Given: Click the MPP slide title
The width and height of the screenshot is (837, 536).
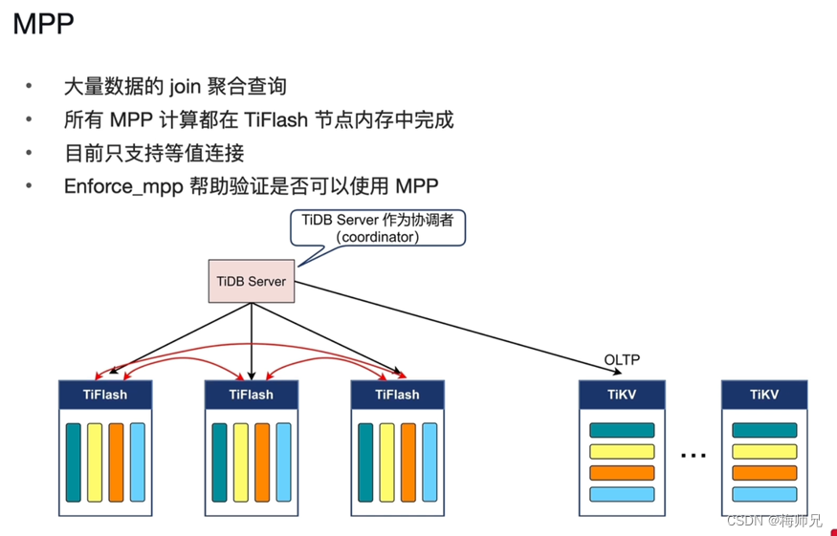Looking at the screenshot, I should click(44, 24).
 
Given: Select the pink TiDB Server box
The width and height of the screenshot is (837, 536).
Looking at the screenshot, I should click(252, 282).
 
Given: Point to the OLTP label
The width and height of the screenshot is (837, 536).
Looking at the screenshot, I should click(622, 360).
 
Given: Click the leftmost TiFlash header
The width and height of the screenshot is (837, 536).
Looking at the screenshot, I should click(105, 394).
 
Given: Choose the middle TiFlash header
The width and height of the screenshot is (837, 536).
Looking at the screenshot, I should click(252, 394).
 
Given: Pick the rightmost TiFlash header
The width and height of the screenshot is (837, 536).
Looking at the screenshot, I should click(397, 394).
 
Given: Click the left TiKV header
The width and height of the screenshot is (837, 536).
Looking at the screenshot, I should click(622, 394).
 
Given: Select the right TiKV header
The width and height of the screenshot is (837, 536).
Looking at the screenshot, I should click(764, 394).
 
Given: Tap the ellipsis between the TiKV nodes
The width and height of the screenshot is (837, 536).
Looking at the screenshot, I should click(694, 456).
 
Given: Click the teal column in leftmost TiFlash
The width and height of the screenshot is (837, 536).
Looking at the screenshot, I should click(74, 461).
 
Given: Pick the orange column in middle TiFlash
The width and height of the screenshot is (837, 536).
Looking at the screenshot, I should click(262, 461).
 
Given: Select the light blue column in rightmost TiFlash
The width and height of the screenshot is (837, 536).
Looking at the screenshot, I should click(430, 461).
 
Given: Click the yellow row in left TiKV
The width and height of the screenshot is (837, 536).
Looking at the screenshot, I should click(622, 452).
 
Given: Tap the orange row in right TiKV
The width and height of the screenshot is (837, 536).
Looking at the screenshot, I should click(764, 473).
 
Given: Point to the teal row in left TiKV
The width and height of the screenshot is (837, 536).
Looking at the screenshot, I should click(622, 431).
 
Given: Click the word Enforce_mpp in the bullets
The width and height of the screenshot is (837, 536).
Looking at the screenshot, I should click(119, 185).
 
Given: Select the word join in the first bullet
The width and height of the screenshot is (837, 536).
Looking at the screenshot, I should click(188, 87).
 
